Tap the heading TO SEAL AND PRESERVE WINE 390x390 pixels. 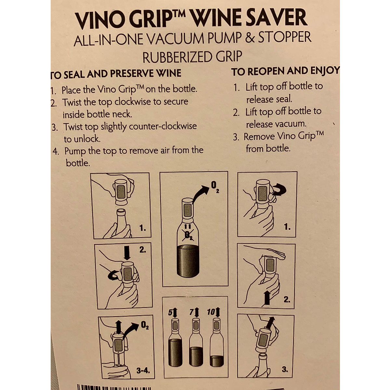[116, 74]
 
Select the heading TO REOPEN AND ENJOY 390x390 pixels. [285, 71]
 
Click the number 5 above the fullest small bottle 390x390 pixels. [170, 313]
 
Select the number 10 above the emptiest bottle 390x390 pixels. [211, 312]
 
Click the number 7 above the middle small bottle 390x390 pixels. [191, 312]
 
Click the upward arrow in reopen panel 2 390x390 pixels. [267, 298]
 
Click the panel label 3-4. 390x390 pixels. [142, 370]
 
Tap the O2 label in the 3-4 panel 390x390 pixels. [145, 325]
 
